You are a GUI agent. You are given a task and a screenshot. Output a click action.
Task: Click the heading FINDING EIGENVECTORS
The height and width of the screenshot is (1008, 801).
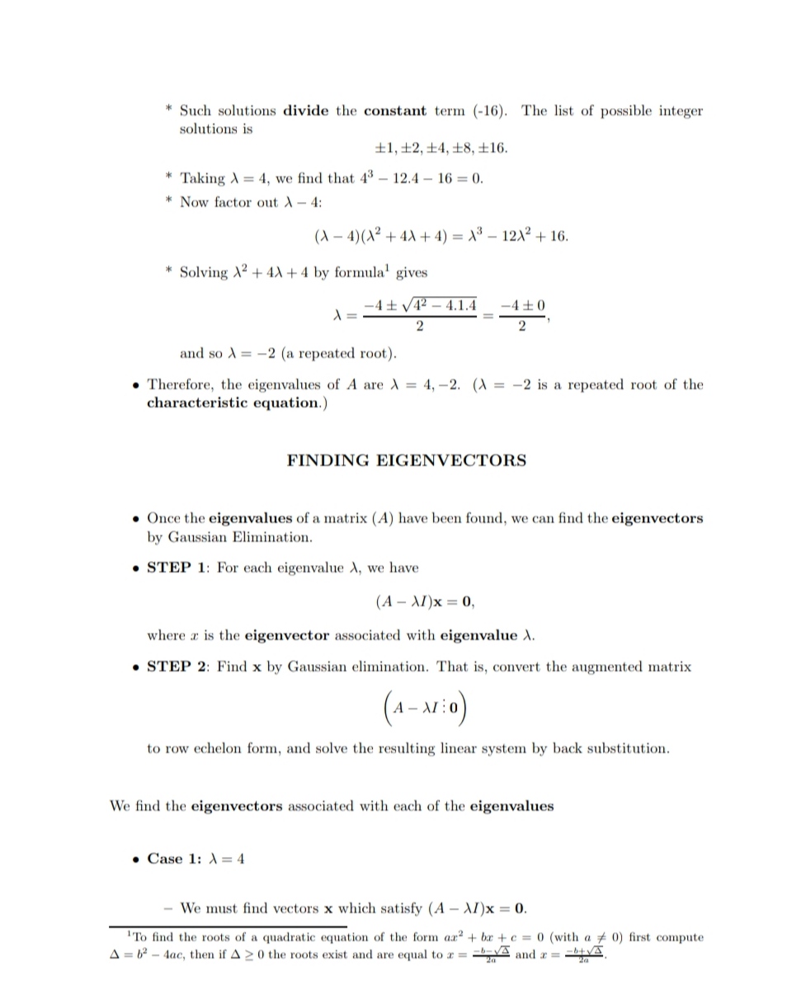(406, 461)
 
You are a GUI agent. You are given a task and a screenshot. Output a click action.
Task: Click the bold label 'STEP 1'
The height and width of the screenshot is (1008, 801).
(178, 568)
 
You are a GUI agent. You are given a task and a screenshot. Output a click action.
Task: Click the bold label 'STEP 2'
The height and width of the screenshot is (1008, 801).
(178, 666)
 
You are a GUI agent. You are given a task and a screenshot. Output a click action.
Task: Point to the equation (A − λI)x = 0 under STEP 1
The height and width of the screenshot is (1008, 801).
(424, 602)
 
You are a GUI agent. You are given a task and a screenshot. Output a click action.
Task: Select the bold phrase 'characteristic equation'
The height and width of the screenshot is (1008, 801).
(232, 403)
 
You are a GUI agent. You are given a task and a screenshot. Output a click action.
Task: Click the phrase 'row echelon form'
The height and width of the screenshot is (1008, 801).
(224, 749)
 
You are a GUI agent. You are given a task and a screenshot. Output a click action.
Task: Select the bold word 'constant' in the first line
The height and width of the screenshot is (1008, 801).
(394, 111)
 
